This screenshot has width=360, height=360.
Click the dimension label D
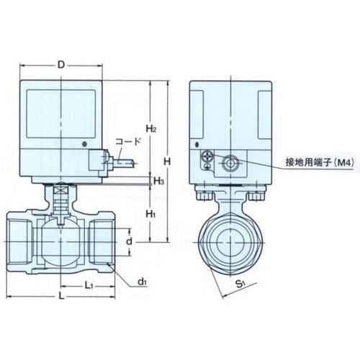61,65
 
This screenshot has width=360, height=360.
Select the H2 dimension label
151,129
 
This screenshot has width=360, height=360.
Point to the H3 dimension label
158,181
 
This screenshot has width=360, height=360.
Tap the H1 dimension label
150,213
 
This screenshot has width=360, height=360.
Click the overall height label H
167,161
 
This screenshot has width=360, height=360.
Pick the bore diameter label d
129,241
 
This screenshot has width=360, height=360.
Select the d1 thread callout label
142,282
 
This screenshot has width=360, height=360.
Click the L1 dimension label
89,285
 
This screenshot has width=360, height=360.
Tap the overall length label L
62,297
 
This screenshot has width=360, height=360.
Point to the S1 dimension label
240,284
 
